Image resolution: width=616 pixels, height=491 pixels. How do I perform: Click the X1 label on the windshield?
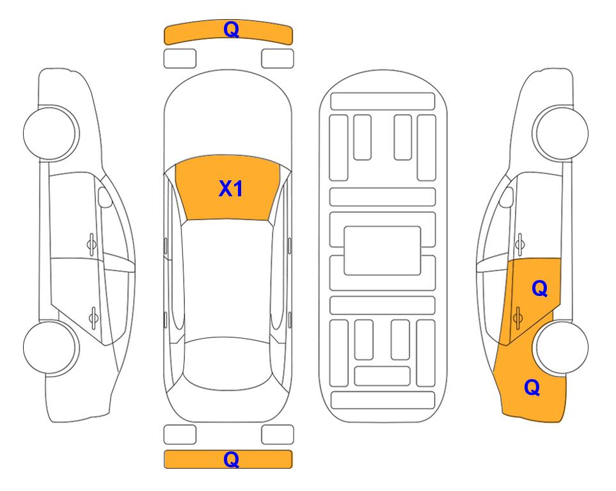coord(230,189)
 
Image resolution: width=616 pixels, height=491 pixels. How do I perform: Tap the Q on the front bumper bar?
coord(230,29)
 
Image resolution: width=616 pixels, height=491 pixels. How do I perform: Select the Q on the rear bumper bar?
coord(230,459)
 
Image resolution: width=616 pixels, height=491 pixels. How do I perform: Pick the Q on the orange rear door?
coord(539,289)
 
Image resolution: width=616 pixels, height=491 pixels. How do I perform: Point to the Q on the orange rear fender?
coord(532,387)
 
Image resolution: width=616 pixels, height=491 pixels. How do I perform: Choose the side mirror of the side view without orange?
coord(106,198)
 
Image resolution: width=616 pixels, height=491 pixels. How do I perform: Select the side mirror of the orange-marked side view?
coord(506,198)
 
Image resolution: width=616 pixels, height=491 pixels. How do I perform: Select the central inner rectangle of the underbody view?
coord(382,250)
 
